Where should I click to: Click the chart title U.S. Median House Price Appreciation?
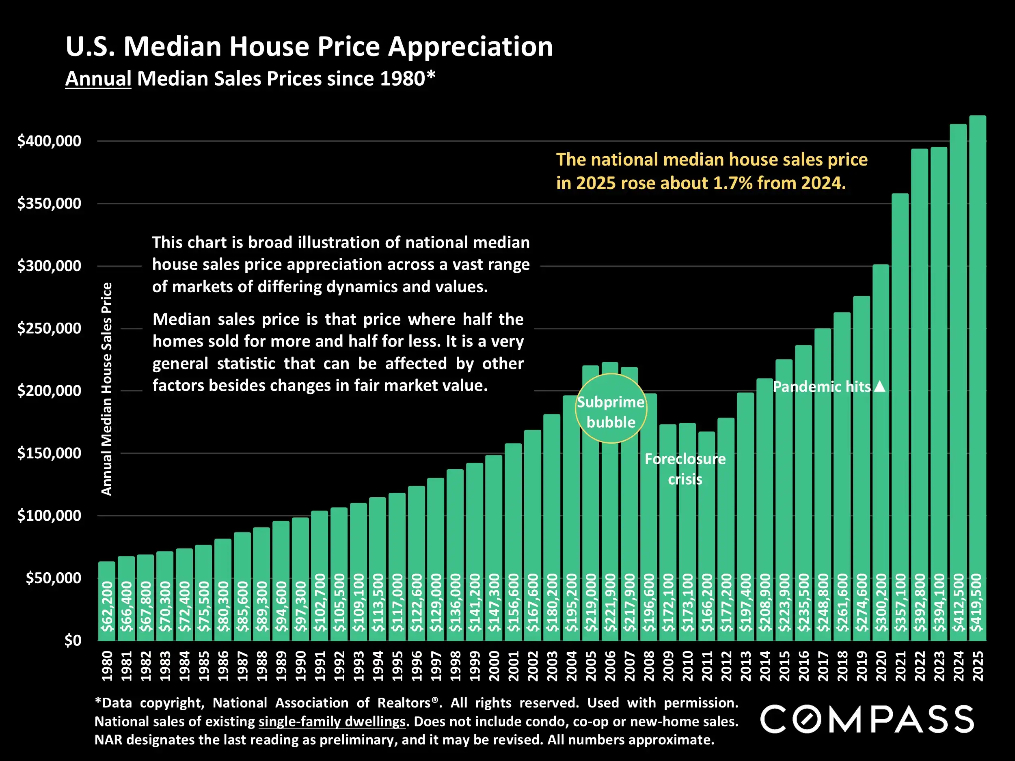tap(309, 46)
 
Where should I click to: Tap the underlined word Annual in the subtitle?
tap(98, 78)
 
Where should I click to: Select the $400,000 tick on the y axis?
tap(49, 141)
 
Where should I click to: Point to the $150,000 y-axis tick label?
tap(49, 453)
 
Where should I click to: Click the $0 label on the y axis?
tap(73, 640)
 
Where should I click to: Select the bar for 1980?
tap(107, 601)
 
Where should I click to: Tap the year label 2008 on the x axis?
tap(649, 666)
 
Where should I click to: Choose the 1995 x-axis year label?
tap(397, 666)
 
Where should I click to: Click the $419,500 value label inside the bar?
tap(977, 602)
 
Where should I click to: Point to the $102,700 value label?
tap(320, 602)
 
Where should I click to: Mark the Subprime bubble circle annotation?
tap(611, 408)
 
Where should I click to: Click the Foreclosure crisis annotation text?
tap(685, 469)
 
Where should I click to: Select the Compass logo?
tap(867, 719)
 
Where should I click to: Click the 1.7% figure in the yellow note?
tap(733, 183)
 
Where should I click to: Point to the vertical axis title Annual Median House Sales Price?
tap(106, 389)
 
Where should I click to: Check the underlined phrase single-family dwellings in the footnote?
tap(332, 722)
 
